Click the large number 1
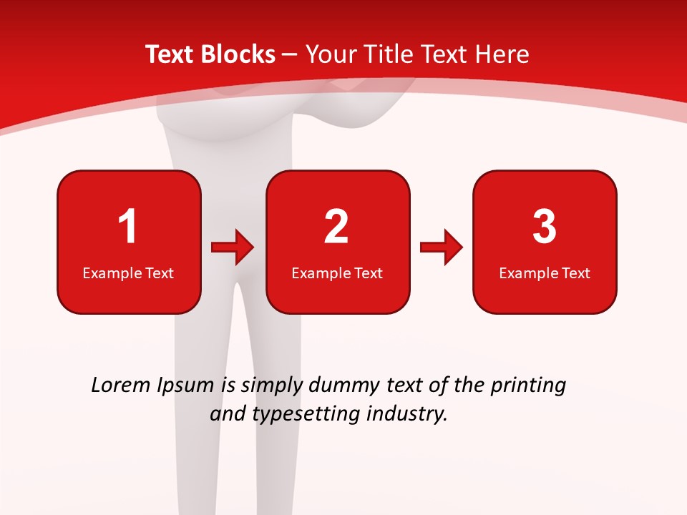click(128, 227)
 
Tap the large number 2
click(336, 227)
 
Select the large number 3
click(545, 227)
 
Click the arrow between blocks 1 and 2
click(233, 247)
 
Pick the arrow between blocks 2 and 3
click(442, 247)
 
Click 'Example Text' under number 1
click(128, 273)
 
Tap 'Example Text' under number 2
click(337, 273)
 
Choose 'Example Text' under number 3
click(545, 273)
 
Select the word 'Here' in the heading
click(502, 54)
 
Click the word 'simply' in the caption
click(271, 386)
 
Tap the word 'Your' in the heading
click(331, 54)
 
